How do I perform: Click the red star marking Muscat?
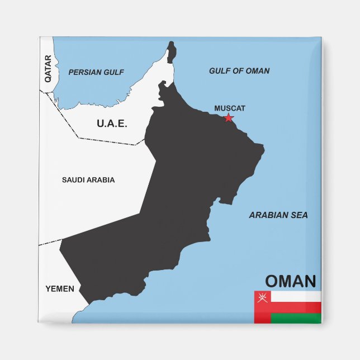coord(228,117)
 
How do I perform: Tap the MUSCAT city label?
coord(230,108)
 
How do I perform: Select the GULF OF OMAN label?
coord(239,71)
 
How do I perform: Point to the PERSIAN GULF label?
coord(96,72)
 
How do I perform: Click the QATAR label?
coord(48,68)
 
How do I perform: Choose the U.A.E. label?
coord(112,124)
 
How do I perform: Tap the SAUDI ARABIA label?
coord(88,180)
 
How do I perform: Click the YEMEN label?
coord(59,288)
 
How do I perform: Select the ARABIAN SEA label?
coord(278,215)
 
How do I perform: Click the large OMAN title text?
coord(291,281)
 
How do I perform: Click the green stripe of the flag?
coord(296,319)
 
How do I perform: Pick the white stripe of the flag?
coord(296,296)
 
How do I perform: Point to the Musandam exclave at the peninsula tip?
coord(171,53)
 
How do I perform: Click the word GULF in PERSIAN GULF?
coord(113,72)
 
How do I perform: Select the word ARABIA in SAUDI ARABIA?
coord(102,180)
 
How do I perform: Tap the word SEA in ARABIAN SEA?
coord(299,215)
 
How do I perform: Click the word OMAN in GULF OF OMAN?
coord(257,71)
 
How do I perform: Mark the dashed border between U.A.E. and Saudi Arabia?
coord(106,140)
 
